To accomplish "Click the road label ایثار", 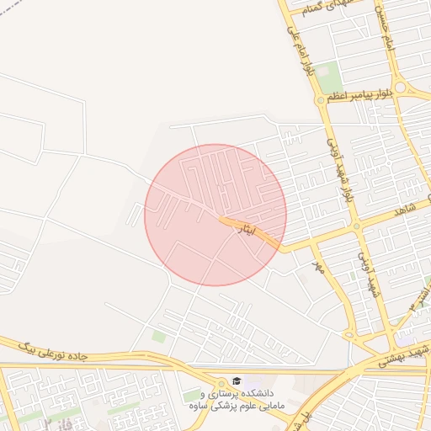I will pos(245,227).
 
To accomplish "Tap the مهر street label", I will pos(318,267).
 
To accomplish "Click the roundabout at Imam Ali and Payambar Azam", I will pos(321,100).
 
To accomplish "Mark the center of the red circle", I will pos(215,215).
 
